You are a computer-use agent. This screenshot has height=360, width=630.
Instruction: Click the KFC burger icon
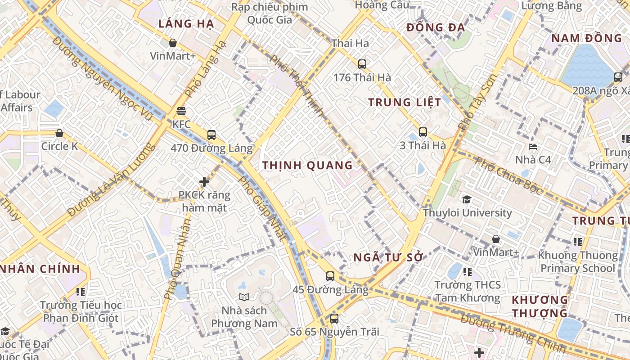tap(181, 111)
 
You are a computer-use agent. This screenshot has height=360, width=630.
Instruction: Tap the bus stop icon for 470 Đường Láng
tap(211, 135)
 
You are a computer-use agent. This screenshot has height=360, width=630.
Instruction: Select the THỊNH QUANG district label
tap(307, 165)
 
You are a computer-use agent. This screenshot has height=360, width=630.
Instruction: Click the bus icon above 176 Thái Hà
tap(362, 64)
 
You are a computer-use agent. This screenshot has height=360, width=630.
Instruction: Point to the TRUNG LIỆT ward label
tap(405, 102)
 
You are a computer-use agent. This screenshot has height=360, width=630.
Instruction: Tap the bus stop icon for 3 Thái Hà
tap(423, 132)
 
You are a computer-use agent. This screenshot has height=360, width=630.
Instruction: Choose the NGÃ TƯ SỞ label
tap(388, 258)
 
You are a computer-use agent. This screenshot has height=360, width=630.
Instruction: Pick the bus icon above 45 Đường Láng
tap(330, 276)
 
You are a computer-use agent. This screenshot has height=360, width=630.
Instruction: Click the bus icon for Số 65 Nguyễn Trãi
tap(334, 319)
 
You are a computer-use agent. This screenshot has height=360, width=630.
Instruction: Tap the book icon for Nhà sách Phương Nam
tap(244, 297)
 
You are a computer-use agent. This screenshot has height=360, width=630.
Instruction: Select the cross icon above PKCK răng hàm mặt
tap(204, 182)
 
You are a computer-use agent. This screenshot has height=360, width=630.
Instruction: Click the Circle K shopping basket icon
tap(59, 133)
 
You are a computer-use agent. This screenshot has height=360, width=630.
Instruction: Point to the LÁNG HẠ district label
tap(185, 24)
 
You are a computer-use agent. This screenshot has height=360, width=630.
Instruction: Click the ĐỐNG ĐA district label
tap(435, 27)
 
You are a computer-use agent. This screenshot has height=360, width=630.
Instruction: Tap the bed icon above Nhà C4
tap(533, 146)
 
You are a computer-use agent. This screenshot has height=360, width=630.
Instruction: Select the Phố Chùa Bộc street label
tap(509, 175)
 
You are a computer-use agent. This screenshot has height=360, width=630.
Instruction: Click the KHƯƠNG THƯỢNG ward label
tap(540, 306)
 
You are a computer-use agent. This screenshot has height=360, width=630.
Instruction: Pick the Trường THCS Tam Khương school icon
tap(468, 272)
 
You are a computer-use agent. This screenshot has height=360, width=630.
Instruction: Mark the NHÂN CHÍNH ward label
tap(40, 269)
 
